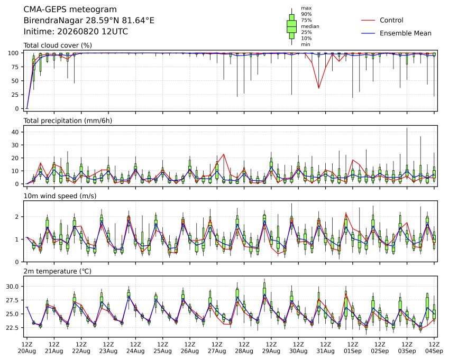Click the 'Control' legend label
click(x=391, y=20)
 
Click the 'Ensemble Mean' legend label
click(x=406, y=33)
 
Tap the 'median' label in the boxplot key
click(x=310, y=26)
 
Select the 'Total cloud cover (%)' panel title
click(x=58, y=45)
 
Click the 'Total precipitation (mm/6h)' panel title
click(x=68, y=121)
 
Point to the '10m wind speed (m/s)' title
click(x=60, y=196)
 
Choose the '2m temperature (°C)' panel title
click(x=57, y=271)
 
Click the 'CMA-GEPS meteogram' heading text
click(x=70, y=10)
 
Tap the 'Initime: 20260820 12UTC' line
click(x=76, y=32)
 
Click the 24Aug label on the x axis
click(x=135, y=351)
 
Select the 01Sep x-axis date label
click(x=353, y=351)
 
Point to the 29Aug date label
click(x=271, y=351)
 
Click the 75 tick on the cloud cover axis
click(x=15, y=67)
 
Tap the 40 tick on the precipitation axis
click(x=15, y=132)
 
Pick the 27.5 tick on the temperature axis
click(x=12, y=300)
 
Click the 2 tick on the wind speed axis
click(x=17, y=217)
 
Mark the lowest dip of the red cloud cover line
click(x=319, y=88)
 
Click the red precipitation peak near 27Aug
click(x=224, y=154)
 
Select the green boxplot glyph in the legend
click(x=291, y=26)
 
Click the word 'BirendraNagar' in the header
click(x=52, y=21)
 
